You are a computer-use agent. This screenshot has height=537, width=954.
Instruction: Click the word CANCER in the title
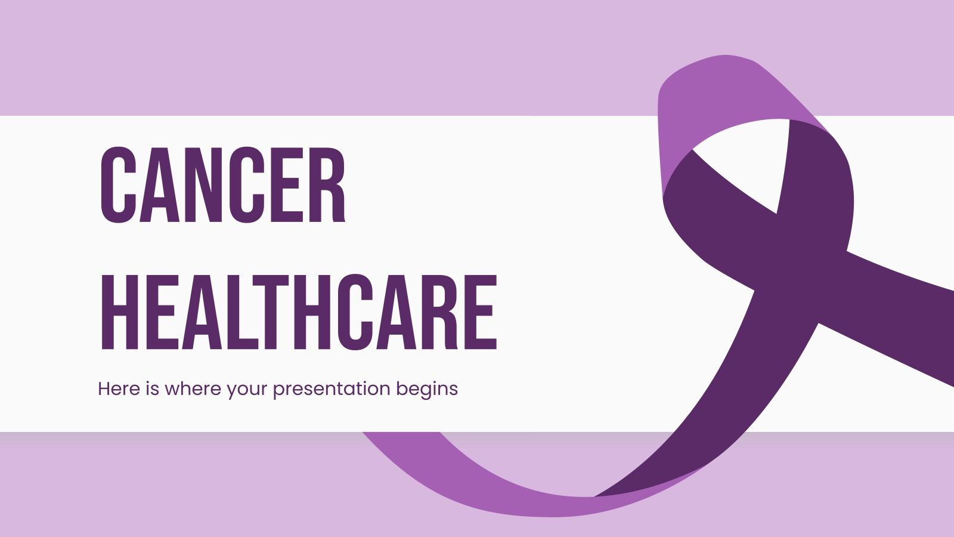tap(222, 185)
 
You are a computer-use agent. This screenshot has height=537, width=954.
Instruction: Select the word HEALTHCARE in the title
tap(298, 312)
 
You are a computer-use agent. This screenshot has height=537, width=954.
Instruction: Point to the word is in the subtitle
tap(152, 389)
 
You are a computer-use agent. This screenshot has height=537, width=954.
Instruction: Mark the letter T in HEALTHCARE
tap(274, 312)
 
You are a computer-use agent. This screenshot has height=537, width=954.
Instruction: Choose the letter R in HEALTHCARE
tap(441, 312)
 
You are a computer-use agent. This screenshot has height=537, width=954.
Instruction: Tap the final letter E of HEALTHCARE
tap(481, 312)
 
